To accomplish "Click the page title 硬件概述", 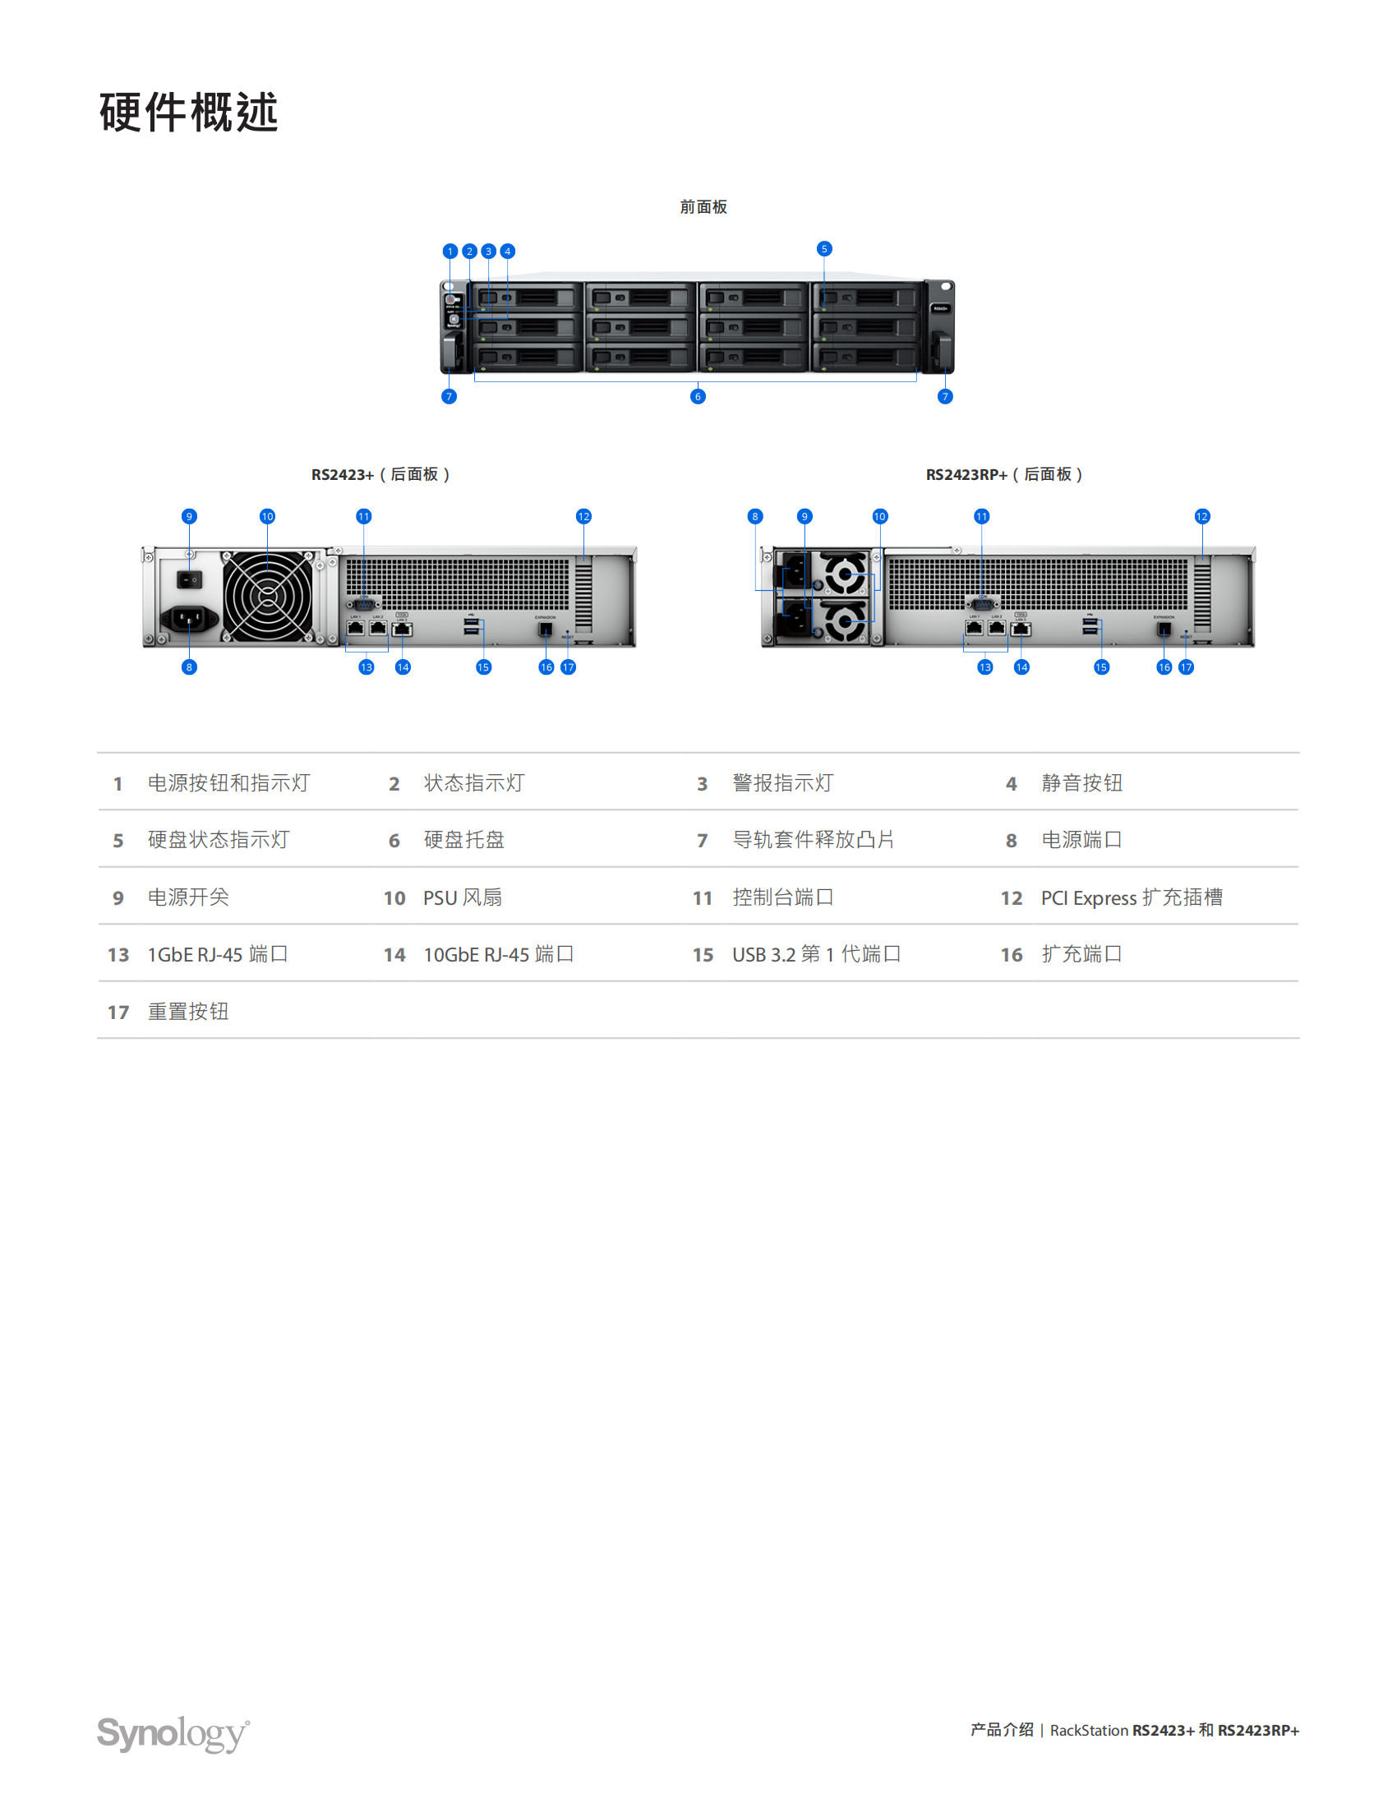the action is pos(189,113).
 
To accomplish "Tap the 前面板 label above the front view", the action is pos(703,207).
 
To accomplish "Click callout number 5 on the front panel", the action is pos(824,248).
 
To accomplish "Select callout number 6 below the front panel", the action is pos(698,397).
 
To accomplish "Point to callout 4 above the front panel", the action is pos(508,251).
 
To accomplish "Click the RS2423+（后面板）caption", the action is pos(380,474).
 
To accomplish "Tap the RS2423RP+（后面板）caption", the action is pos(1004,474).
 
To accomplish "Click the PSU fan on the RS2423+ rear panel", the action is pos(268,596).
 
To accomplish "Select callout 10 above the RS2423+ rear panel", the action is pos(267,517).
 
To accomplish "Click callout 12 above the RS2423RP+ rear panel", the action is pos(1202,517).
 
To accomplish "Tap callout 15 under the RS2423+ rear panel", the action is pos(483,667).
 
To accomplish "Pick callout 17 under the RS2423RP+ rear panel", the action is pos(1187,667).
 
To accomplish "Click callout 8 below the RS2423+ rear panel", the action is pos(190,667).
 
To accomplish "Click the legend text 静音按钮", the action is pos(1081,783).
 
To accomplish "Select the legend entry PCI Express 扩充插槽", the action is pos(1132,897).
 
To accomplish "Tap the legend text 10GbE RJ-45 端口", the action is pos(498,954).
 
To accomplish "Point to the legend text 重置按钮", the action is pos(188,1012).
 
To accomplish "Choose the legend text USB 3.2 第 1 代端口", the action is pos(816,954).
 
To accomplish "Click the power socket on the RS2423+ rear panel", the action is pos(189,617).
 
